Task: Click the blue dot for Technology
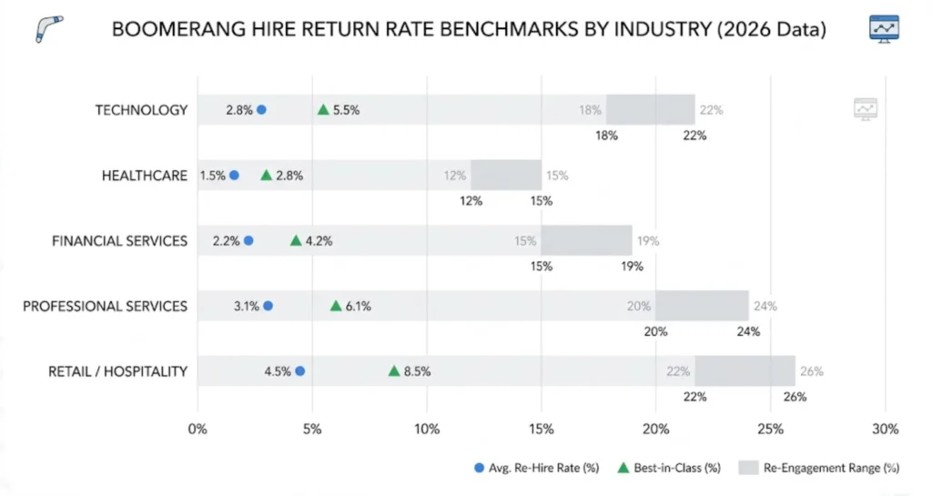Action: (x=261, y=109)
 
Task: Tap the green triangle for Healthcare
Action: (x=266, y=175)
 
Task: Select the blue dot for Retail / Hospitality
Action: (x=300, y=370)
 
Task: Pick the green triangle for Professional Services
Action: (x=335, y=306)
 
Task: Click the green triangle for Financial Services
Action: (x=295, y=240)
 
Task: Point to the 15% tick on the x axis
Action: (x=541, y=429)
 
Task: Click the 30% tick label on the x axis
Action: (x=885, y=429)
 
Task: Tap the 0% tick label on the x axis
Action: (x=198, y=429)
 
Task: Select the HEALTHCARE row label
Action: (x=144, y=176)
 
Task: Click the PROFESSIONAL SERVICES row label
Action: (x=106, y=306)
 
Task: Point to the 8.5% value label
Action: (x=418, y=371)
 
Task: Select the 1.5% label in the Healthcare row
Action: (x=213, y=176)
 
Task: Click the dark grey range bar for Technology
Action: (x=650, y=109)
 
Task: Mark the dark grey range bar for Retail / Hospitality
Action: (x=745, y=370)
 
